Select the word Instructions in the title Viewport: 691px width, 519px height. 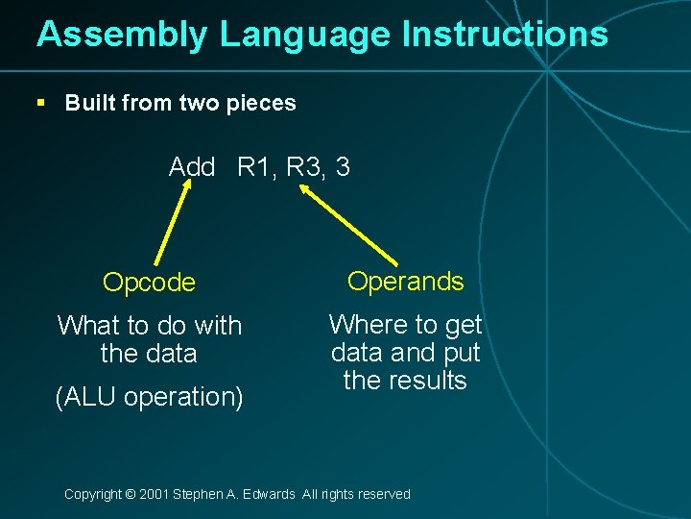point(505,35)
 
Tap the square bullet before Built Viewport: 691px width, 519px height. point(39,103)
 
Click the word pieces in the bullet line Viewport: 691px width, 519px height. point(262,103)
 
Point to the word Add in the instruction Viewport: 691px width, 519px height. point(192,167)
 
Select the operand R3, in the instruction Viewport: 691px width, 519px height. point(307,167)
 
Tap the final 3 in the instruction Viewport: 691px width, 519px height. point(343,167)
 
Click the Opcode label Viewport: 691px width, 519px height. point(149,283)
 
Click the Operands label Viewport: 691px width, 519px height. point(405,282)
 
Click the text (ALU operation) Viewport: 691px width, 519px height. point(149,396)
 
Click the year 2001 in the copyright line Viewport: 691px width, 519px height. point(154,494)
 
